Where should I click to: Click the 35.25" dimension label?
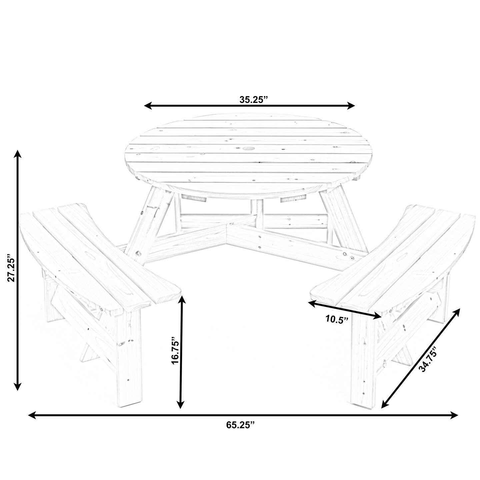(x=254, y=100)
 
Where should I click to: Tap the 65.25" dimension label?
(x=240, y=425)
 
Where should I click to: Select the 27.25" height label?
(x=11, y=269)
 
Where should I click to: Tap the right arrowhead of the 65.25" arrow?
(x=455, y=415)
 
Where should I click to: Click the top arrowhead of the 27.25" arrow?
(x=17, y=154)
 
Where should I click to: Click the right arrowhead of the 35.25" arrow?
(x=351, y=106)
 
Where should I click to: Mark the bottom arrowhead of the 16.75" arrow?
(x=181, y=404)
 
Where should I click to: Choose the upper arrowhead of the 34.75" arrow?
(x=457, y=312)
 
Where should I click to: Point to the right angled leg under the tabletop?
(x=343, y=220)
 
